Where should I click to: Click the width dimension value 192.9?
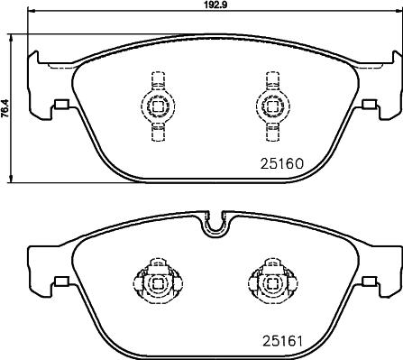pyautogui.click(x=213, y=5)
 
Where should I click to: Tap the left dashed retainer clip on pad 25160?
pyautogui.click(x=156, y=105)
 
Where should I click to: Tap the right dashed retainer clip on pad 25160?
pyautogui.click(x=268, y=105)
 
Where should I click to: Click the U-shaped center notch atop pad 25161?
pyautogui.click(x=213, y=224)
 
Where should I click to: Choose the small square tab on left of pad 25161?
pyautogui.click(x=60, y=281)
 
